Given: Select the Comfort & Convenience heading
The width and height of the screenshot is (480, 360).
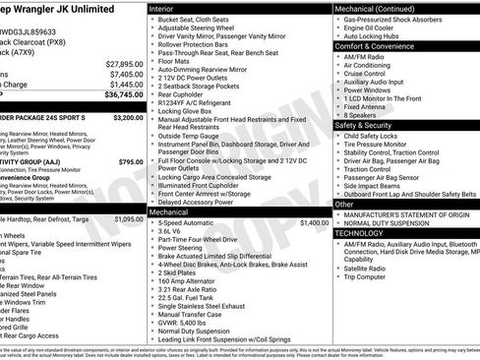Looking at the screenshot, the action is point(378,46).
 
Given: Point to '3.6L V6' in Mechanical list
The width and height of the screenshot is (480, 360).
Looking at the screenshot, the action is point(173,232).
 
